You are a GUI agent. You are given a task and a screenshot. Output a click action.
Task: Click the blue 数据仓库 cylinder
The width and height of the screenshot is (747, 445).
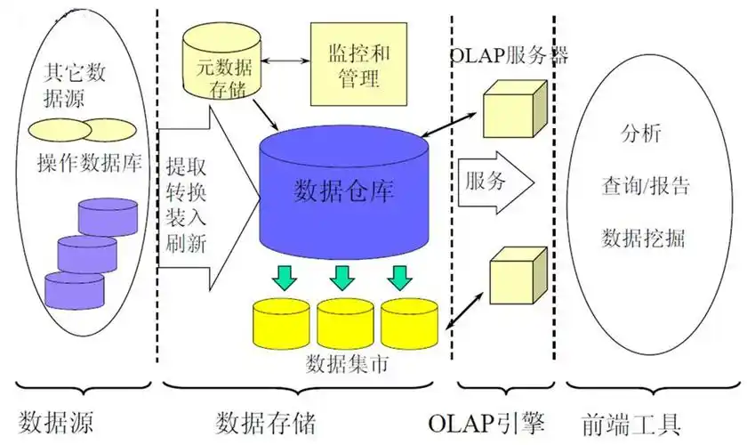(x=343, y=191)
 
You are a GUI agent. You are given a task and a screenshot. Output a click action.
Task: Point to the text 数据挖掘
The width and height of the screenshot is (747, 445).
(x=644, y=239)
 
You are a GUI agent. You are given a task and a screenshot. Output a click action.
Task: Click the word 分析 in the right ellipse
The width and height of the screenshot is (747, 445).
(x=640, y=135)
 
